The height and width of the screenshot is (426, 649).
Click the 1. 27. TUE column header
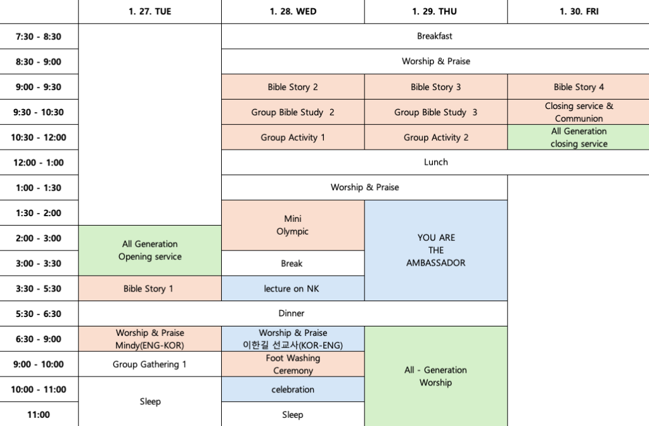click(150, 11)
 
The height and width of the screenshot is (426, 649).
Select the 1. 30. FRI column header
click(578, 11)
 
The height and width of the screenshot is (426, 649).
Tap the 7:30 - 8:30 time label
click(39, 37)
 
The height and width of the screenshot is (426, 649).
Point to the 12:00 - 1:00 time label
click(39, 162)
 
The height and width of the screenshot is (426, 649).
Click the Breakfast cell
click(435, 36)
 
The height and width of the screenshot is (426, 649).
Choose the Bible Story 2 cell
click(293, 87)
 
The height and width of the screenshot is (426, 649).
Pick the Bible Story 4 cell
click(578, 87)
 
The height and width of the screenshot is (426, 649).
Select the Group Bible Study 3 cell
click(435, 112)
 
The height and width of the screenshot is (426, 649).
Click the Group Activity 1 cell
click(293, 137)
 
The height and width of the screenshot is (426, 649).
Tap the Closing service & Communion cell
click(578, 112)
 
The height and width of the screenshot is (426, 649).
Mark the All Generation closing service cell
click(578, 137)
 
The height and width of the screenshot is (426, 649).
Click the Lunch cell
click(435, 162)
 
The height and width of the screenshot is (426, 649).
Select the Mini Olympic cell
click(293, 225)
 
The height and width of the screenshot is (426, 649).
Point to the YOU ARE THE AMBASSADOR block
click(435, 250)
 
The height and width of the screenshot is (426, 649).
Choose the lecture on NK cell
click(293, 288)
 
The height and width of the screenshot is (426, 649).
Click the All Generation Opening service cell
click(150, 250)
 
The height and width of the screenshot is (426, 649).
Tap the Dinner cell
click(292, 313)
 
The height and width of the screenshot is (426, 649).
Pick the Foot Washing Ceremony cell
click(293, 364)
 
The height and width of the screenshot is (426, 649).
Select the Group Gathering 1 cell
click(150, 364)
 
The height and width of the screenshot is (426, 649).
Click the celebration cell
click(293, 389)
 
